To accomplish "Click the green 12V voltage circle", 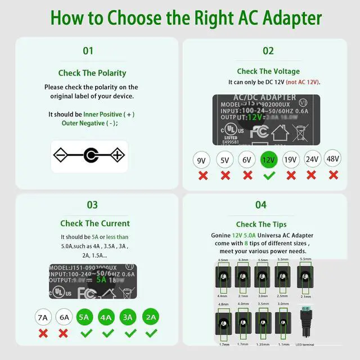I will click(269, 160).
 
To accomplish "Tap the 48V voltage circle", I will click(334, 159).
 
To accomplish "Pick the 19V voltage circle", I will click(290, 160).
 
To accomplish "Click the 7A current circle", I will click(43, 317).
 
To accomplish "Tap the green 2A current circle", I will click(150, 317).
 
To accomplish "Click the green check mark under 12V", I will click(269, 175).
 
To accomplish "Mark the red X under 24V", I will click(312, 175).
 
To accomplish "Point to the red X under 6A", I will click(64, 333).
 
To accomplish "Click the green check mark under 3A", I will click(129, 333).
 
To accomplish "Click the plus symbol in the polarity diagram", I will click(116, 155).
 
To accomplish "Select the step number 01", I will click(88, 51).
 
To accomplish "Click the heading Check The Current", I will click(95, 223).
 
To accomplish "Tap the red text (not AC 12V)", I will click(303, 82).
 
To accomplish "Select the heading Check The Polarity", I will click(92, 73).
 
